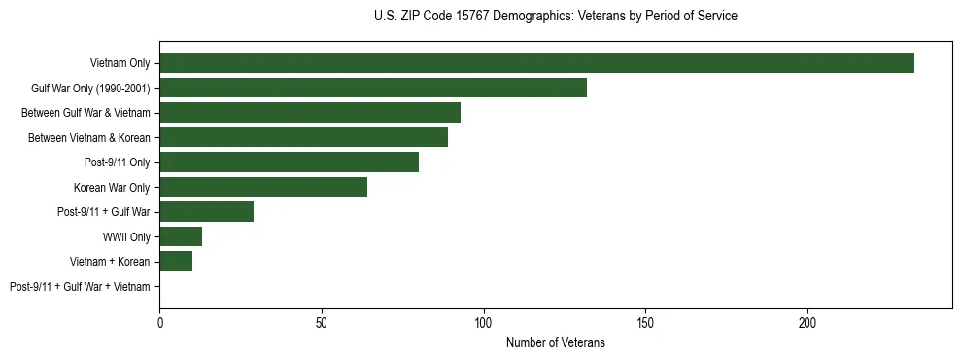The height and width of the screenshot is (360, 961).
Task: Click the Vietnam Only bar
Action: pyautogui.click(x=536, y=63)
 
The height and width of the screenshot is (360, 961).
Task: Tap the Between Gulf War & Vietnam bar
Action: pyautogui.click(x=310, y=113)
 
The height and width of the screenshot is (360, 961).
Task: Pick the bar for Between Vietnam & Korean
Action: pyautogui.click(x=303, y=138)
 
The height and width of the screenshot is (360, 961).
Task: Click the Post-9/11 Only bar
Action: pyautogui.click(x=289, y=162)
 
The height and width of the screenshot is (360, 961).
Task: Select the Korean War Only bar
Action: pyautogui.click(x=263, y=188)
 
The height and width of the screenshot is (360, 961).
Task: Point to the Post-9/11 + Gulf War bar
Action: pyautogui.click(x=206, y=212)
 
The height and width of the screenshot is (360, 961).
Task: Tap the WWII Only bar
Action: pyautogui.click(x=181, y=237)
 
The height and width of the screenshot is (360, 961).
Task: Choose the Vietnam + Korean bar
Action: pyautogui.click(x=176, y=262)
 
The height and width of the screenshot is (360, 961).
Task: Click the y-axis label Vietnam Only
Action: pyautogui.click(x=120, y=63)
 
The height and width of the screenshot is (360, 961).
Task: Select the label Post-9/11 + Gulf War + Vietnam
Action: pyautogui.click(x=80, y=287)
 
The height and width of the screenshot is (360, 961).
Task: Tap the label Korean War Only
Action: pyautogui.click(x=112, y=188)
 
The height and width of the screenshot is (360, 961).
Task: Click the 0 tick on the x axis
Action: pyautogui.click(x=159, y=321)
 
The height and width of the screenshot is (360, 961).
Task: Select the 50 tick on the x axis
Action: pyautogui.click(x=322, y=321)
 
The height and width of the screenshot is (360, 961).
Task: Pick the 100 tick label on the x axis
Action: pyautogui.click(x=484, y=321)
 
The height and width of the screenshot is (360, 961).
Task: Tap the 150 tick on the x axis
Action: pyautogui.click(x=645, y=321)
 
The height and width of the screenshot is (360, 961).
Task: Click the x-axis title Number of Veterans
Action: pyautogui.click(x=555, y=342)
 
